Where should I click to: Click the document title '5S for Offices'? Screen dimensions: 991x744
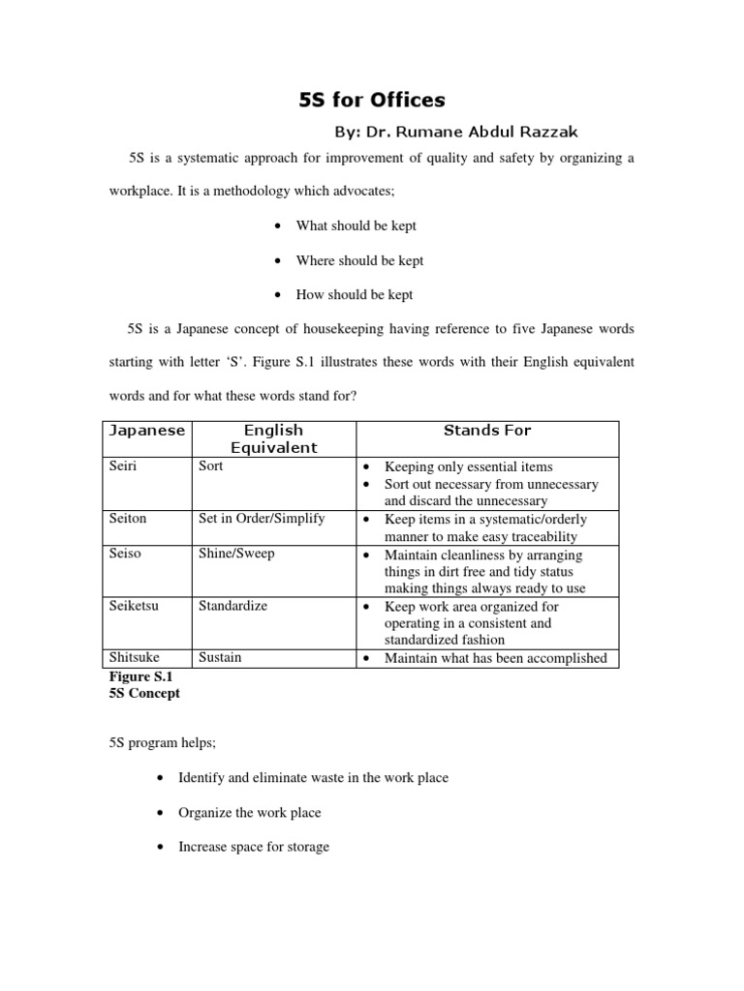click(371, 100)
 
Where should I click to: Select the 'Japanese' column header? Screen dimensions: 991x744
click(145, 431)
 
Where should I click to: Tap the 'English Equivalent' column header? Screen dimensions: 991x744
click(273, 438)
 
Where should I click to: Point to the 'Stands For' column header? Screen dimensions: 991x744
click(487, 431)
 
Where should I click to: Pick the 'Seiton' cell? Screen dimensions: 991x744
click(128, 519)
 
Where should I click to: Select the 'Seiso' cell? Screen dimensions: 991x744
click(125, 554)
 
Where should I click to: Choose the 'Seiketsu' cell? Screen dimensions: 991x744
click(135, 606)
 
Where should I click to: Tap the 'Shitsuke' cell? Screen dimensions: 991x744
click(135, 658)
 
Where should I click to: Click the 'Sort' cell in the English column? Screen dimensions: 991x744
click(210, 466)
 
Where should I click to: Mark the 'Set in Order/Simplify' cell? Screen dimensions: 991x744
click(262, 519)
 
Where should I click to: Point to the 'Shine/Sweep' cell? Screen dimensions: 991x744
click(236, 554)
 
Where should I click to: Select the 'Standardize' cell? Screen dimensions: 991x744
click(232, 606)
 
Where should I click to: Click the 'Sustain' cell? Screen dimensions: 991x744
click(220, 658)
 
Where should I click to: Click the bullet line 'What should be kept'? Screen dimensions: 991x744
click(356, 225)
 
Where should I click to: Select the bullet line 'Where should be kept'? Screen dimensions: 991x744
click(359, 260)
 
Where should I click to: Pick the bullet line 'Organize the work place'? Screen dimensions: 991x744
click(249, 813)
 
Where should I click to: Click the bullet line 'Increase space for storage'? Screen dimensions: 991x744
click(253, 847)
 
